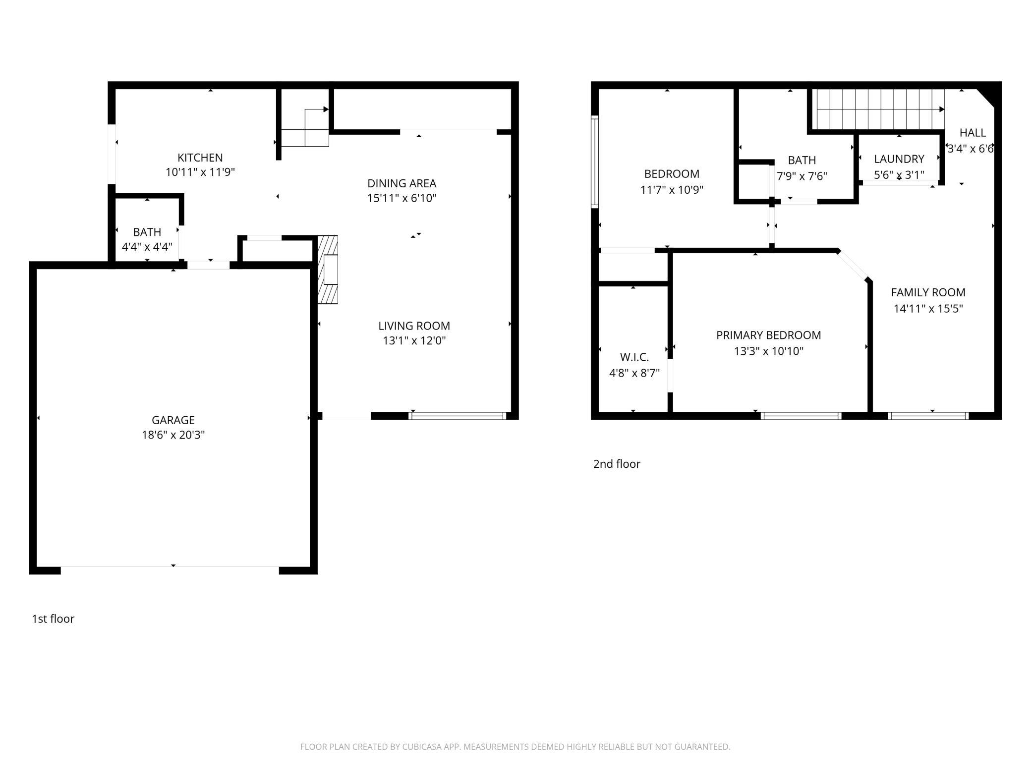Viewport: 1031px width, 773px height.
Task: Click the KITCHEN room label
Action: click(x=200, y=158)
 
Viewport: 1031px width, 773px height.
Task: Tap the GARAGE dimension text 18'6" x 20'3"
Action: click(x=173, y=435)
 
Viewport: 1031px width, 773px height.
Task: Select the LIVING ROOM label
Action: click(x=414, y=326)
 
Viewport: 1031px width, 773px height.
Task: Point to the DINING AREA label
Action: click(x=402, y=183)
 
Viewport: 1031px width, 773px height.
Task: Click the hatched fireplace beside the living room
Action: click(x=327, y=270)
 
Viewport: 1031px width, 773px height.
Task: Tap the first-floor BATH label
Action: click(x=147, y=232)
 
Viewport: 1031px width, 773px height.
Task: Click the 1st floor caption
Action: click(x=53, y=619)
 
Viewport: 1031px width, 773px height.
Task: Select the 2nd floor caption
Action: click(x=617, y=464)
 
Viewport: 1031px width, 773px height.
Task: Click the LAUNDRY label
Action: click(x=899, y=159)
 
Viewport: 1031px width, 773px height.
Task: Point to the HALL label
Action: click(x=973, y=133)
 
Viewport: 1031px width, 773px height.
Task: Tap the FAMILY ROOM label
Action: click(x=928, y=292)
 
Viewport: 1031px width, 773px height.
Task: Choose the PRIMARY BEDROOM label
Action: click(x=769, y=335)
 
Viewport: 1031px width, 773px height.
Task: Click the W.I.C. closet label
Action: click(x=634, y=357)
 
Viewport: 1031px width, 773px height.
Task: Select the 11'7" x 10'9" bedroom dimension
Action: click(x=672, y=190)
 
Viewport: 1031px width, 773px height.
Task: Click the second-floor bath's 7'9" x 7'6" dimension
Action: click(x=802, y=176)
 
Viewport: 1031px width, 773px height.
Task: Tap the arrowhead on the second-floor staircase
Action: click(x=942, y=110)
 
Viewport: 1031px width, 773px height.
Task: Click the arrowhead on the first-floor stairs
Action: click(x=326, y=109)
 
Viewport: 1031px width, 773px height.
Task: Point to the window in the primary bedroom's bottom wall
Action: click(x=801, y=416)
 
